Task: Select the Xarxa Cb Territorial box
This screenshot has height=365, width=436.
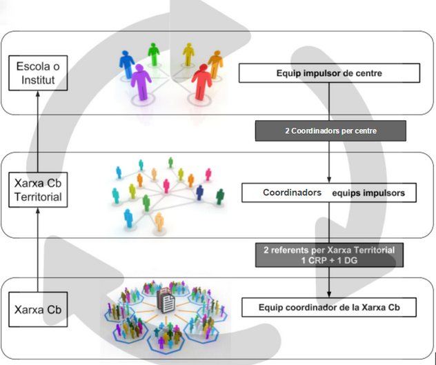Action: [x=39, y=190]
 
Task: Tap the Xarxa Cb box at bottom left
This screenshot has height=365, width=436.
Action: [x=39, y=310]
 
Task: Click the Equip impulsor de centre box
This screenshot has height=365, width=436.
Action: [x=328, y=72]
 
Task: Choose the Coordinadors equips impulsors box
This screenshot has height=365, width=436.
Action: [x=329, y=193]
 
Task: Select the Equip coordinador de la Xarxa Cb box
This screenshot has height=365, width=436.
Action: [x=328, y=307]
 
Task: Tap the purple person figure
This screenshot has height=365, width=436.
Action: [x=141, y=81]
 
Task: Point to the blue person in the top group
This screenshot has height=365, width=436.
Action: [x=127, y=64]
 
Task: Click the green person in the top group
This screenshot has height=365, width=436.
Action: [x=154, y=55]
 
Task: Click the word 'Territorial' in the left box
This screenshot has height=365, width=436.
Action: [x=39, y=197]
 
